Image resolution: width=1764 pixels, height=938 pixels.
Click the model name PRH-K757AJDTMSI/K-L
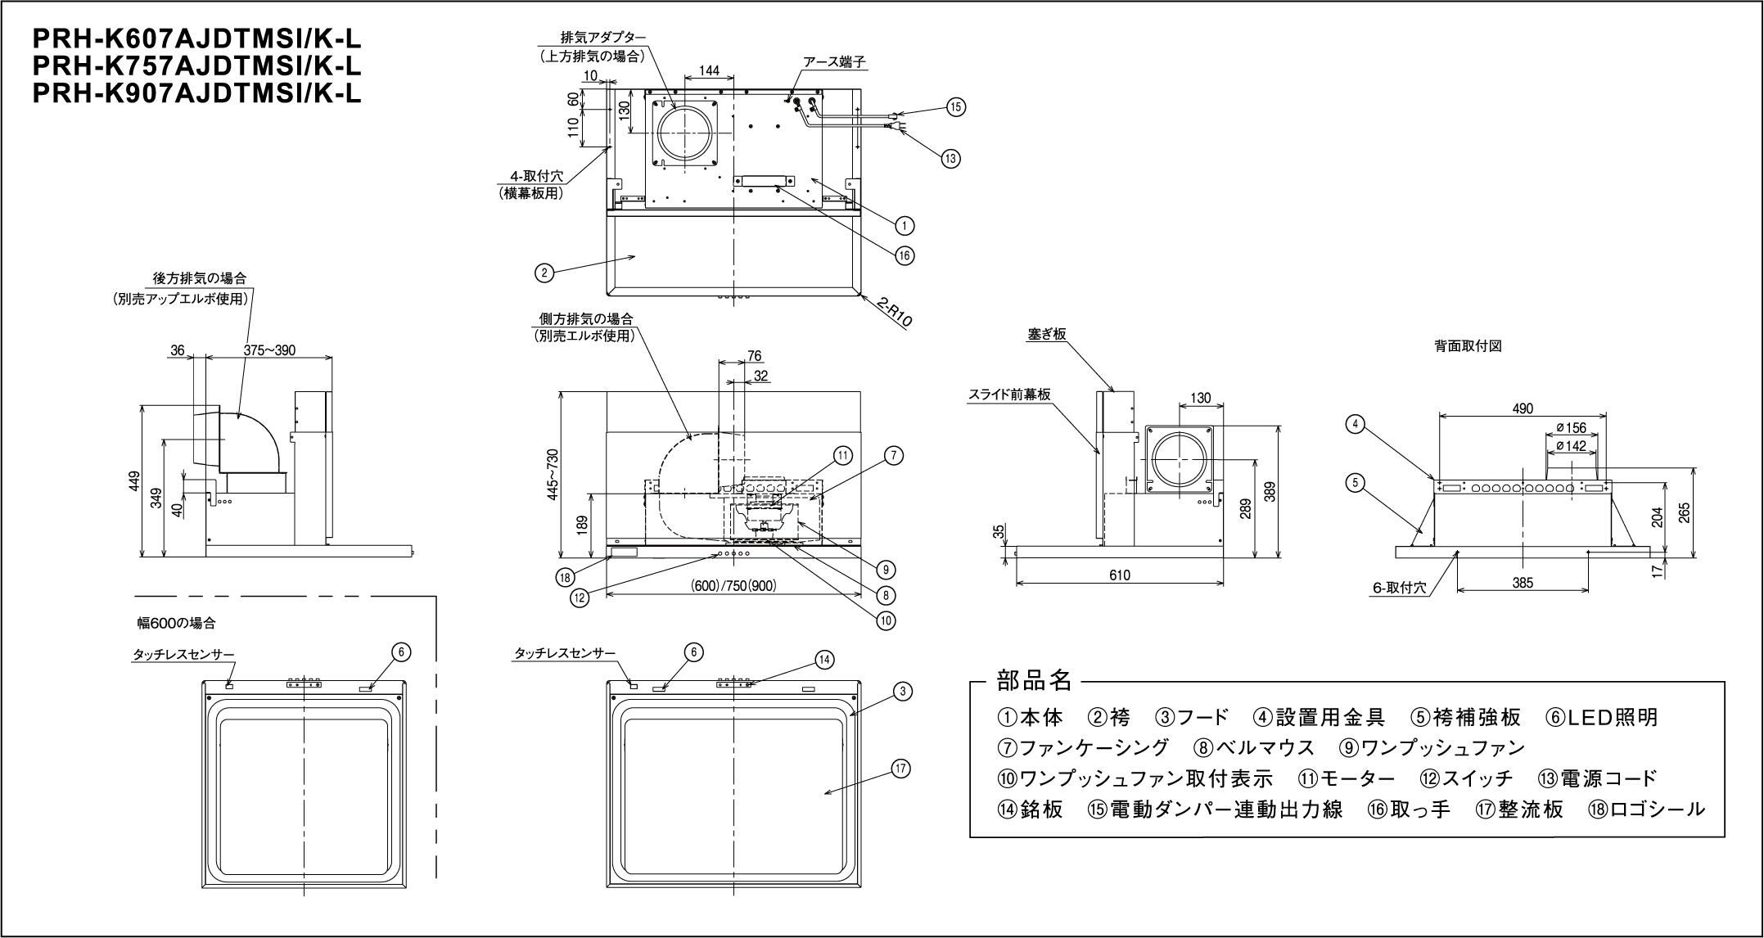[196, 65]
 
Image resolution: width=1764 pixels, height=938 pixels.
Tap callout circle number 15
[956, 106]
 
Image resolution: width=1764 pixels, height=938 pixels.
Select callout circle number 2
[544, 273]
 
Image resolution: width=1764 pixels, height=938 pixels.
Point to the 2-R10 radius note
[894, 313]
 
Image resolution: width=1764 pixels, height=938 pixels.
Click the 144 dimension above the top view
[710, 71]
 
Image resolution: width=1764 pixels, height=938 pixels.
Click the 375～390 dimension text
[269, 350]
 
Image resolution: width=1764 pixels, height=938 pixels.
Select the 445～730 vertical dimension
[553, 475]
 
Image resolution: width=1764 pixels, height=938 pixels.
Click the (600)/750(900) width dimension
[733, 586]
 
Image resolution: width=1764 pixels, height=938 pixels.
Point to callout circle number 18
[564, 577]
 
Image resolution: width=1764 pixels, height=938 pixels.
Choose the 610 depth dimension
[1120, 575]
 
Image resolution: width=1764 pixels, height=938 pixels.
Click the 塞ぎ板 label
[1047, 335]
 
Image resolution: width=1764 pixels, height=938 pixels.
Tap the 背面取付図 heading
[1468, 346]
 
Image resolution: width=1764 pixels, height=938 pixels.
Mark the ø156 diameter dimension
[1571, 427]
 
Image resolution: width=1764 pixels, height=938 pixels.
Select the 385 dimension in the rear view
[1523, 583]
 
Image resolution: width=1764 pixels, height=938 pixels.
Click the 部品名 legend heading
[1033, 680]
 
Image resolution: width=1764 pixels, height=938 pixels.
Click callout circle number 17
[901, 769]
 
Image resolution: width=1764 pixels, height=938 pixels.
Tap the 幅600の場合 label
[176, 623]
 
